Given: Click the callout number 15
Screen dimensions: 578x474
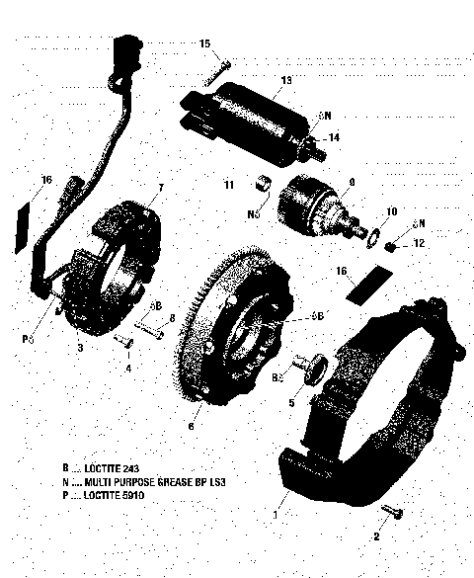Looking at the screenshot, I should coord(205,43).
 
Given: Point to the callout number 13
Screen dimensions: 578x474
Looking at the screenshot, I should coord(286,79).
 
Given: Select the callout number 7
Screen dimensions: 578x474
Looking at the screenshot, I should coord(161,188).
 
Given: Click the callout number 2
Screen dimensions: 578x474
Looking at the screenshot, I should coord(375,537).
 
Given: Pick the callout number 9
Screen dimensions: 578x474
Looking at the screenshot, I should coord(351,182).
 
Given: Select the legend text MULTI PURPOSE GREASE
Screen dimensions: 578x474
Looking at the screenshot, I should coord(153,479).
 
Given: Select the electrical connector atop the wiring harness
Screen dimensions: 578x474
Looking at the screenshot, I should coord(124,48).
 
